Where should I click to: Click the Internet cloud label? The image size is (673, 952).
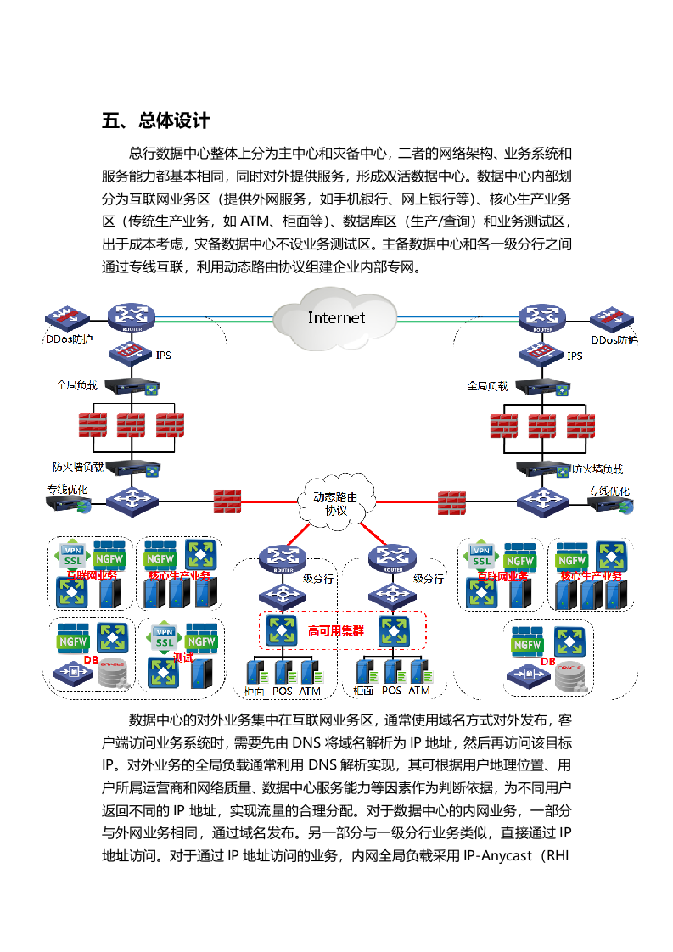[x=336, y=318]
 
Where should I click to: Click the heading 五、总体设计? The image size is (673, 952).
[x=155, y=120]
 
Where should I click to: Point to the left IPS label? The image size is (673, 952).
[x=164, y=355]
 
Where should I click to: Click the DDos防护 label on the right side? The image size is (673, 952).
[x=614, y=340]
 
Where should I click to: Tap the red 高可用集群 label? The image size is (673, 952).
[x=335, y=631]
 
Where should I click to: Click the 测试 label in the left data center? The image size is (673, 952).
[x=183, y=657]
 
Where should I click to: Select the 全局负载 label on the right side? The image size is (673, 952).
[x=487, y=386]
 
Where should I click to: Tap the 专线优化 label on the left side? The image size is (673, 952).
[x=67, y=490]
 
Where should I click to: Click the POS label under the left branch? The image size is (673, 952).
[x=282, y=692]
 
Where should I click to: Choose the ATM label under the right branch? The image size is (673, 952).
[x=419, y=691]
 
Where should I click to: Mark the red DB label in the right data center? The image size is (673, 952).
[x=547, y=661]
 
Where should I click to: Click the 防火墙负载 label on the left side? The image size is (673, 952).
[x=77, y=467]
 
